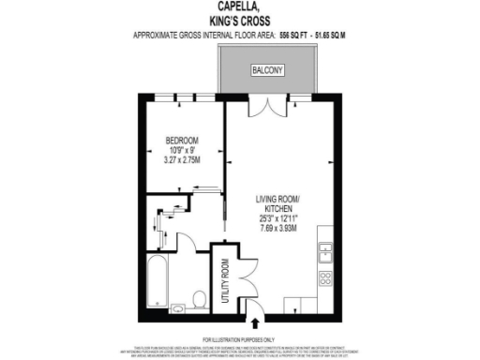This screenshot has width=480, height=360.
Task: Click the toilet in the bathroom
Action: tap(198, 299)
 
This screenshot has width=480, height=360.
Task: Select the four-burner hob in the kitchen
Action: tap(326, 277)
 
